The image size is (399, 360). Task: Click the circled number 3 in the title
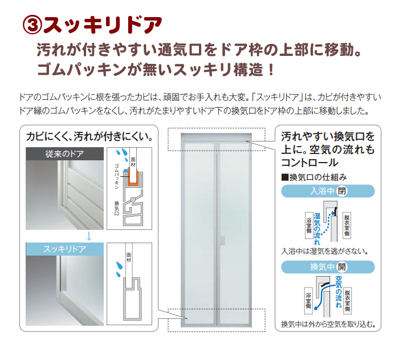[x=32, y=25]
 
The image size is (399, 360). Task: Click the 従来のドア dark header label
[x=64, y=153]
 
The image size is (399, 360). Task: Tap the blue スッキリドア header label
[x=64, y=249]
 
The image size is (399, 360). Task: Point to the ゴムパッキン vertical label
[x=117, y=176]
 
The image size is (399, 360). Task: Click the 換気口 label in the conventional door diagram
[x=116, y=208]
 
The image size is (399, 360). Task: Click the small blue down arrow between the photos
[x=89, y=236]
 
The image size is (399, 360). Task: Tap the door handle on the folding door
[x=223, y=240]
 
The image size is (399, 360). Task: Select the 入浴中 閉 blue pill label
[x=328, y=191]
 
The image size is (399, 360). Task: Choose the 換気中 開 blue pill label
[x=328, y=267]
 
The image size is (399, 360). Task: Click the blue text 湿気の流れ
[x=317, y=229]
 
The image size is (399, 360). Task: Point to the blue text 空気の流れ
[x=339, y=292]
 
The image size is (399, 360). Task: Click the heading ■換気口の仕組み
[x=314, y=177]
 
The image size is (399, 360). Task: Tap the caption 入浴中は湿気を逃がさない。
[x=325, y=252]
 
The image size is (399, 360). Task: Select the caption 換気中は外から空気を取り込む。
[x=328, y=324]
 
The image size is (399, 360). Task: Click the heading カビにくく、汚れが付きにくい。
[x=89, y=136]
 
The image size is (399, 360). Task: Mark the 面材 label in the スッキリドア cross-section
[x=129, y=257]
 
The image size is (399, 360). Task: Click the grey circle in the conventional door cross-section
[x=133, y=200]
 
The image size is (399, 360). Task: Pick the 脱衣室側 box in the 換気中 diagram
[x=347, y=301]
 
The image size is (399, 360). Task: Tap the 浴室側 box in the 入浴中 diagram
[x=309, y=225]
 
